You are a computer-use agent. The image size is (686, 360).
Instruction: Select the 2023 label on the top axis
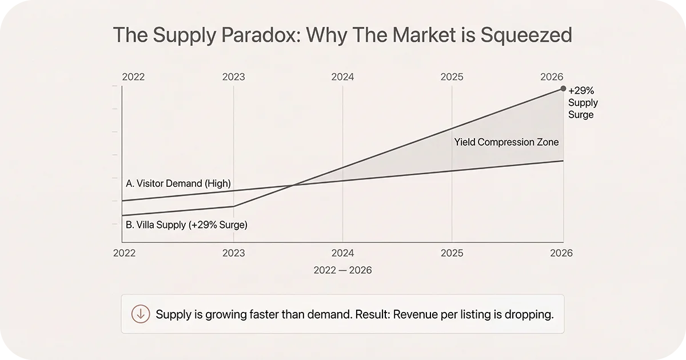tap(233, 77)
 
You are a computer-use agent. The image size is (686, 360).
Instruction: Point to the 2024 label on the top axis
tap(342, 77)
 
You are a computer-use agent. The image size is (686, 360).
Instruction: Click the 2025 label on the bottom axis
tap(452, 253)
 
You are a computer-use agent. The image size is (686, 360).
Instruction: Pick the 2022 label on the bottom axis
tap(124, 253)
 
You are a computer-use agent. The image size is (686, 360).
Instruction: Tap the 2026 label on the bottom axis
tap(561, 253)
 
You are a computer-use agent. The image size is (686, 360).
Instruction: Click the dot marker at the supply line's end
tap(564, 89)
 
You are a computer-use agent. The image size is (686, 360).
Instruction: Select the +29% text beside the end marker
tap(581, 90)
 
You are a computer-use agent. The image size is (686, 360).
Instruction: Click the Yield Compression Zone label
tap(506, 142)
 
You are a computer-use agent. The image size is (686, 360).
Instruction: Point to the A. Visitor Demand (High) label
tap(178, 183)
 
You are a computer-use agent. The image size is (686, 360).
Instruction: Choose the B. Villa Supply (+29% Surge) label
tap(186, 225)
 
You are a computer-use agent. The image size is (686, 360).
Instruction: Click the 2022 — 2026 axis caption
tap(342, 270)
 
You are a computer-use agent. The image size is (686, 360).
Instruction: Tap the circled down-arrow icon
tap(141, 314)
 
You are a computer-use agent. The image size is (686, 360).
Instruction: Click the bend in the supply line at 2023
tap(234, 206)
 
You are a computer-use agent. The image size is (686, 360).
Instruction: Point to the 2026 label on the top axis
tap(552, 77)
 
